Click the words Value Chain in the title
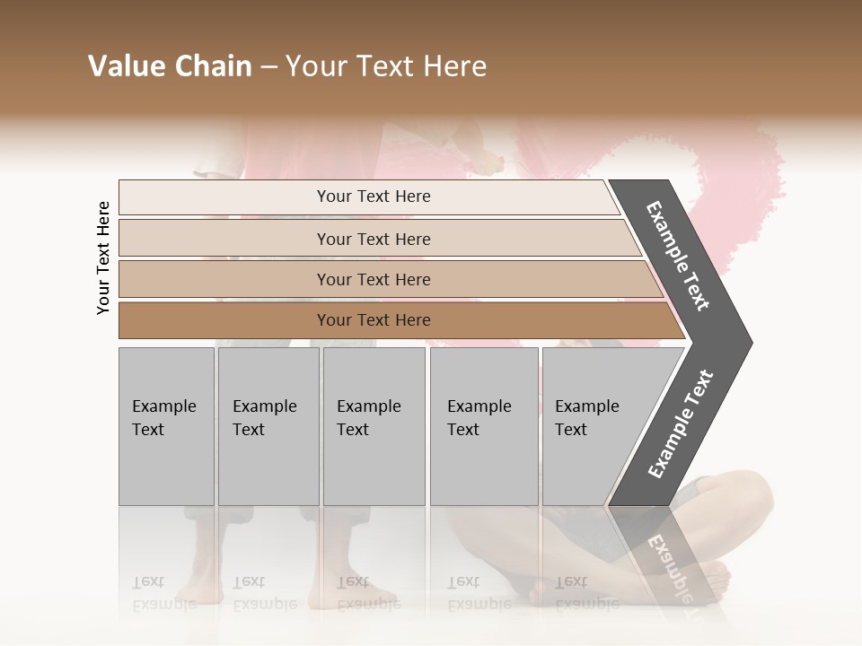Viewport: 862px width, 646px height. click(170, 66)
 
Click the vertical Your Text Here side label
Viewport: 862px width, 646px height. click(104, 258)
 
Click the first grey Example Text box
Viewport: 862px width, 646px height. click(166, 426)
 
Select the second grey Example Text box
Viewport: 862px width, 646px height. click(268, 426)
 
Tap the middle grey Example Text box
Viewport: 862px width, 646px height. click(374, 426)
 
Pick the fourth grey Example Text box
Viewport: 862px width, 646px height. click(484, 426)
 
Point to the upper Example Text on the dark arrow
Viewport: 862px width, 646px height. click(678, 255)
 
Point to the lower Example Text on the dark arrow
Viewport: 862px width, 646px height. click(680, 424)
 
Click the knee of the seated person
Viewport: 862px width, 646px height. click(750, 489)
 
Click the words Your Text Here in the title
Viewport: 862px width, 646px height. click(386, 66)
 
